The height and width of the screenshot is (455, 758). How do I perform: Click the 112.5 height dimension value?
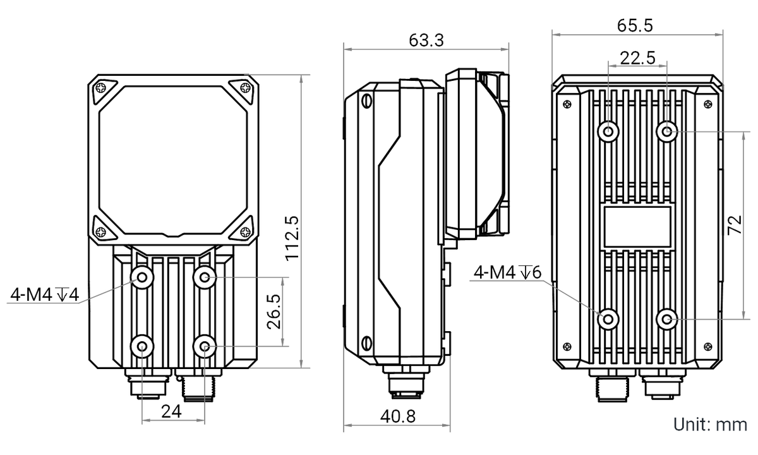[292, 238]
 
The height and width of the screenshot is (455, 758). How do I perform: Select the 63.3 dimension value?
[426, 40]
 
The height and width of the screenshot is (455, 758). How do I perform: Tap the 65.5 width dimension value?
[635, 26]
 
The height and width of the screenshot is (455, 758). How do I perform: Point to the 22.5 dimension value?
[637, 58]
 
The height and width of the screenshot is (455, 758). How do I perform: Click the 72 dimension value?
[735, 225]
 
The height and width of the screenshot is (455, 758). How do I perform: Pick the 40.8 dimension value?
[397, 416]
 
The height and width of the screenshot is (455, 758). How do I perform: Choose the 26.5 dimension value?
[274, 312]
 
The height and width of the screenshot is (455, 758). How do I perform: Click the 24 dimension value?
[171, 411]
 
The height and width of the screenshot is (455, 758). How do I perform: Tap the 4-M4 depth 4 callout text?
[44, 294]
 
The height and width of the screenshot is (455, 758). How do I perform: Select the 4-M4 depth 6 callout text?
[507, 272]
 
